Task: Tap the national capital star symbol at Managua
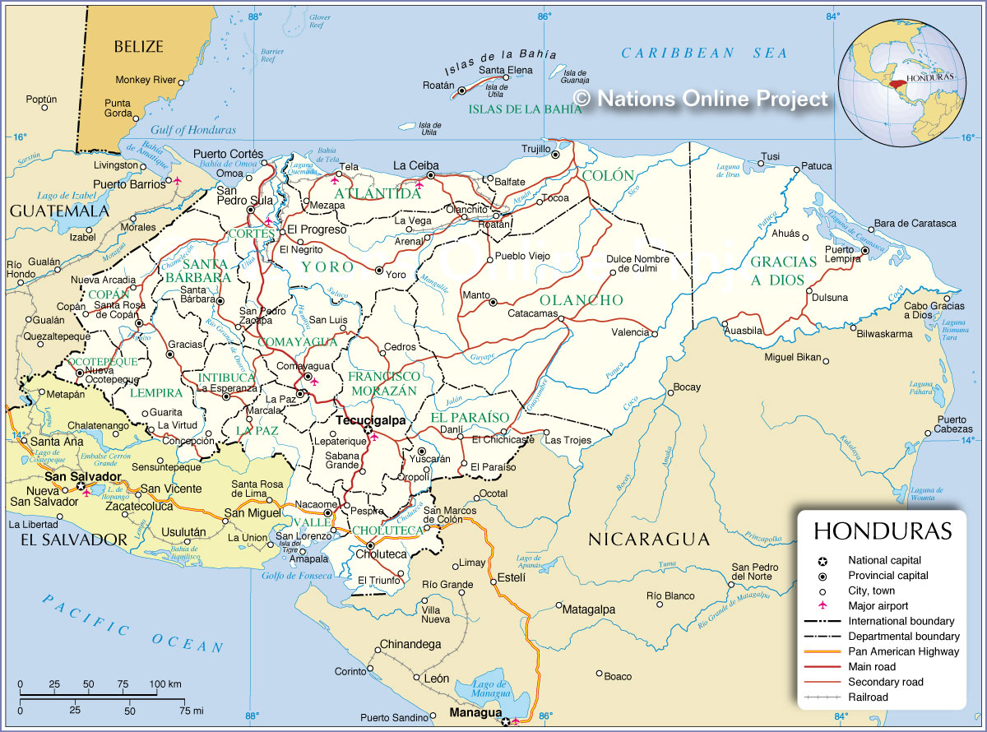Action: [505, 722]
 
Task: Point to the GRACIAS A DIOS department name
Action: [783, 271]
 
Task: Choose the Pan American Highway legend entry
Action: [903, 651]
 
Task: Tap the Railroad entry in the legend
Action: [868, 697]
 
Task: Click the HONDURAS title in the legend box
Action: [883, 530]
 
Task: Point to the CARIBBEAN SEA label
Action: [704, 53]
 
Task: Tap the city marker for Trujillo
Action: [556, 154]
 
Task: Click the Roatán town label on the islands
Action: [438, 85]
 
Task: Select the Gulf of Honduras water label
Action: [193, 130]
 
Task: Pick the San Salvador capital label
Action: [82, 476]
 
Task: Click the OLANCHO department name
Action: [581, 300]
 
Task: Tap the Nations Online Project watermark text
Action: [702, 99]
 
